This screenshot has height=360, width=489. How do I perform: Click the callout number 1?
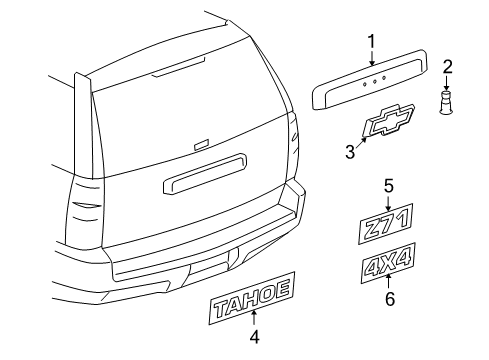[371, 42]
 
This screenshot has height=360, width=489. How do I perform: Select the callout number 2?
[447, 68]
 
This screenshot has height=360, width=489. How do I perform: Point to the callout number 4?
[254, 337]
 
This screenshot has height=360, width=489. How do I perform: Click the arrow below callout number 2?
[447, 84]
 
